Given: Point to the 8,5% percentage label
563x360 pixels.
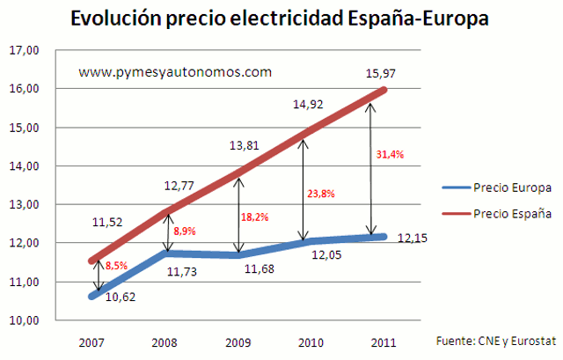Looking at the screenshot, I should (116, 263).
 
